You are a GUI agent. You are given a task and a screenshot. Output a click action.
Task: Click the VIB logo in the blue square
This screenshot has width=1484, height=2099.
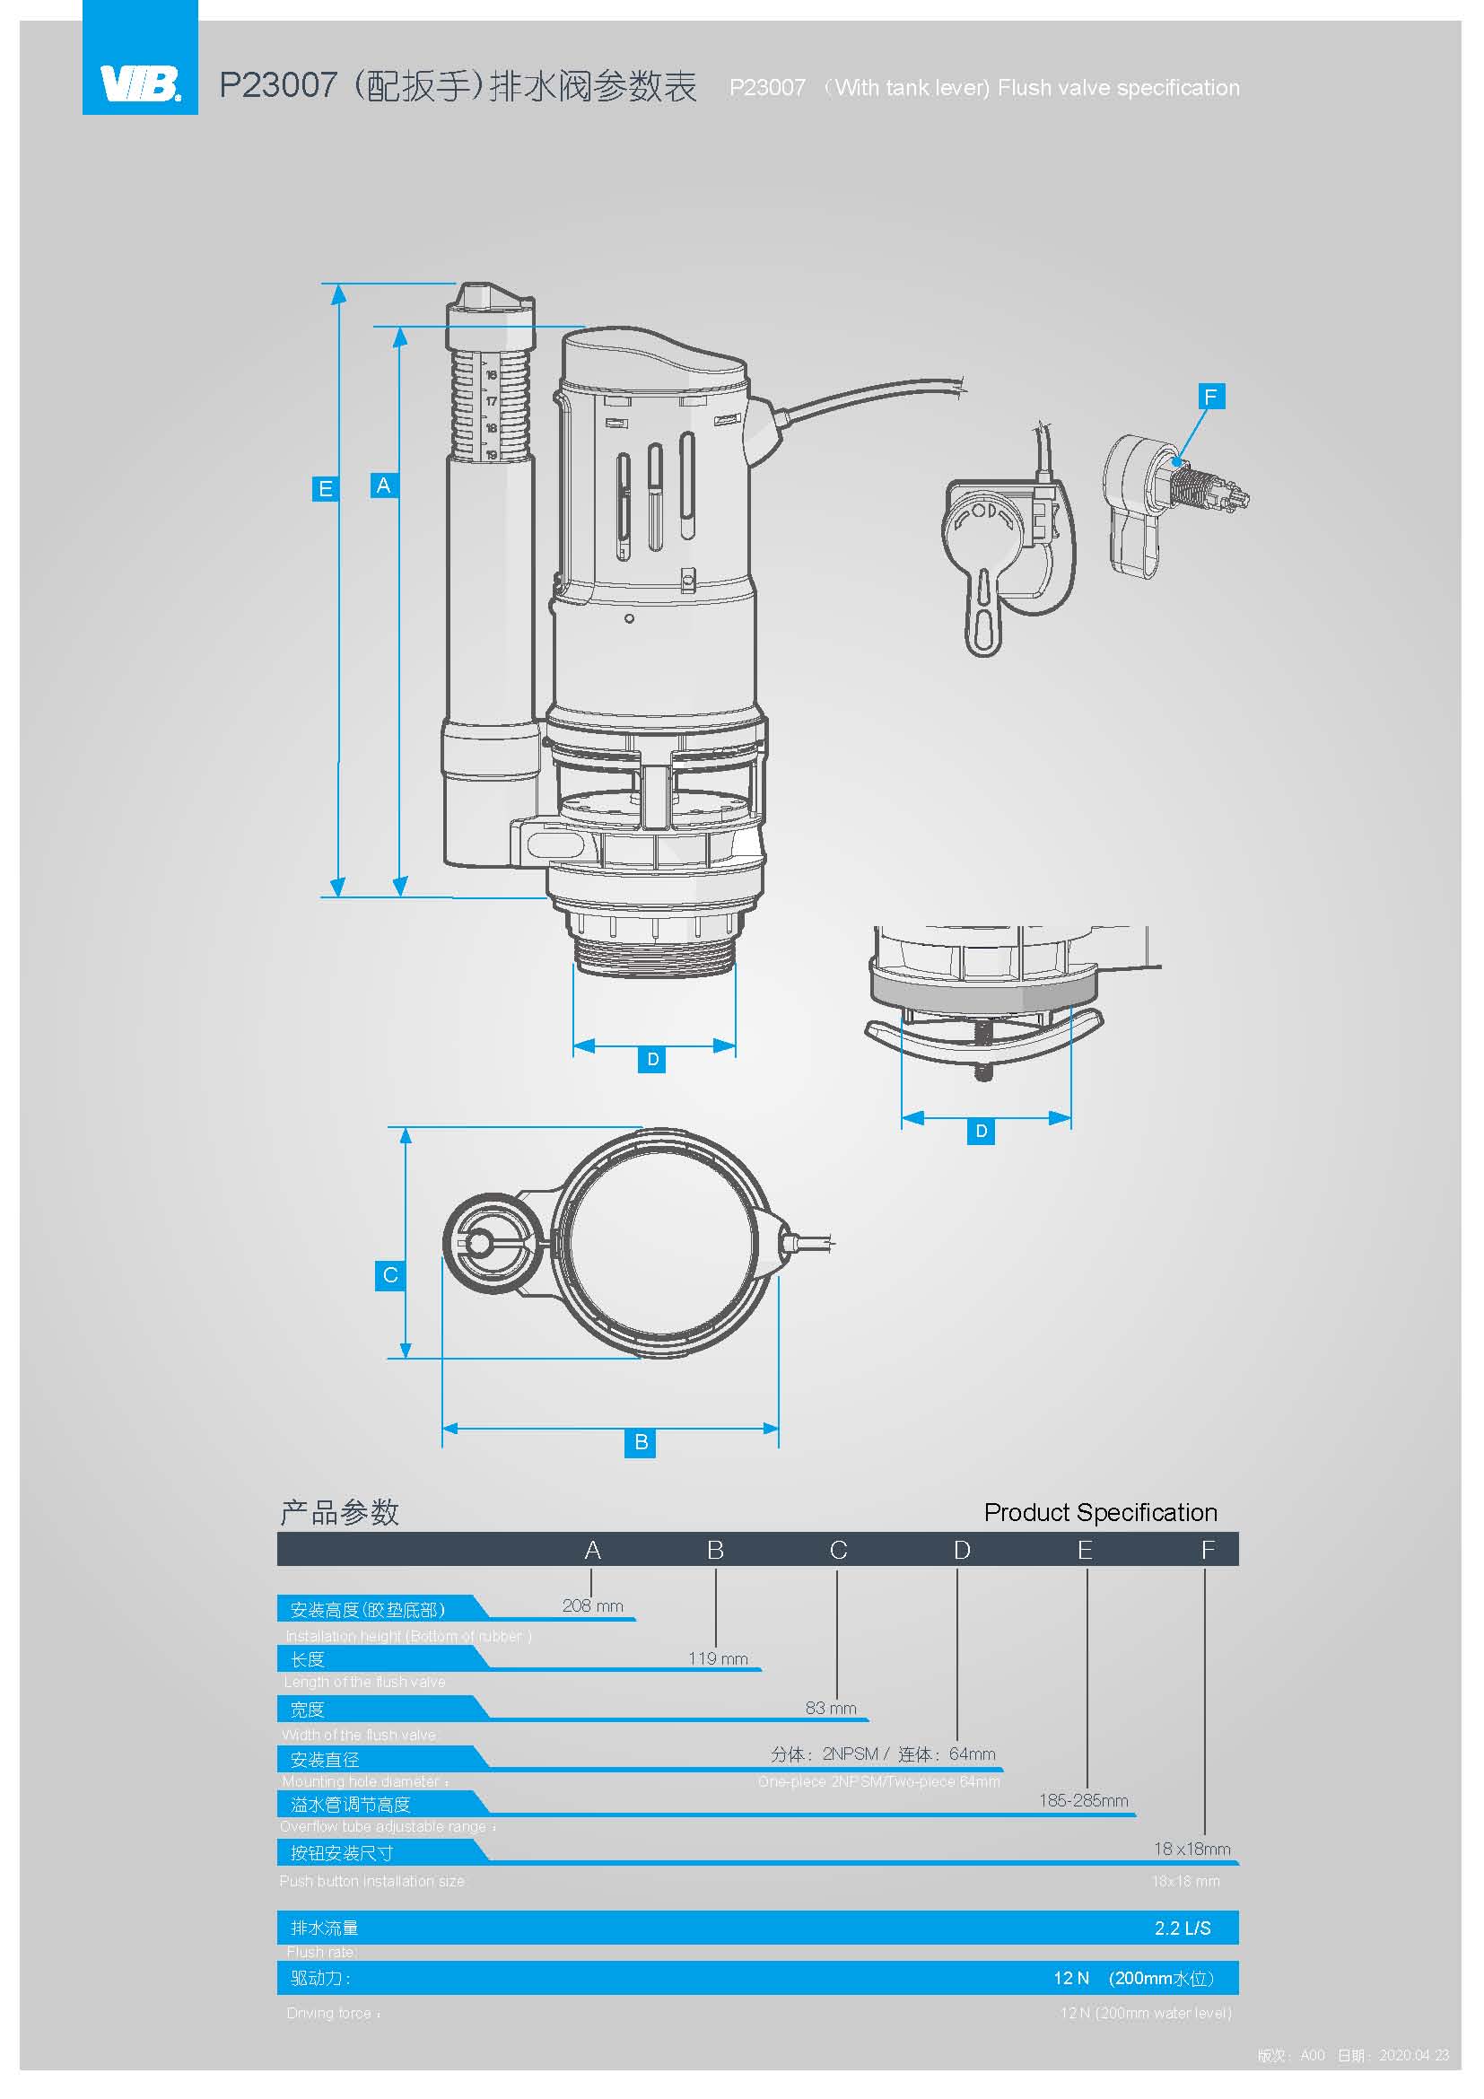click(x=140, y=85)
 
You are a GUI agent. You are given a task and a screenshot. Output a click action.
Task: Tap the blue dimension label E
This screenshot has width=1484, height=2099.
click(x=325, y=489)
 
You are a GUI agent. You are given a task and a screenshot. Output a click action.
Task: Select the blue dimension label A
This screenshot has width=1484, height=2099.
click(x=384, y=485)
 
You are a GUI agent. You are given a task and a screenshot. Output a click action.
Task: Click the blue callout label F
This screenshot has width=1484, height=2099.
click(x=1210, y=397)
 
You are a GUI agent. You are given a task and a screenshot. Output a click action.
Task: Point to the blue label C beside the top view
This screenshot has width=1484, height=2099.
click(x=390, y=1275)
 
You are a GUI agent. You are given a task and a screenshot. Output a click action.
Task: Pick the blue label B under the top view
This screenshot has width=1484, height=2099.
click(x=641, y=1443)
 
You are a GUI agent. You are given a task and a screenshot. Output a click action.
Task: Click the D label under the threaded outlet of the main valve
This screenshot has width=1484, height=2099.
click(x=652, y=1060)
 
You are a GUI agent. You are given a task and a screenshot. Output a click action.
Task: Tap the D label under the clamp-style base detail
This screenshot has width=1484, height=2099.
click(x=981, y=1132)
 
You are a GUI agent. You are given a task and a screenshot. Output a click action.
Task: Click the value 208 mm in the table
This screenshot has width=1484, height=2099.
click(x=592, y=1605)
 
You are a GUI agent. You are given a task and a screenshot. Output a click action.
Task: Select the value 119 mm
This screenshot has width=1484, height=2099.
click(x=718, y=1658)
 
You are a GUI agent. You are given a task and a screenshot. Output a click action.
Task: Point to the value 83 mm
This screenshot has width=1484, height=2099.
click(x=831, y=1708)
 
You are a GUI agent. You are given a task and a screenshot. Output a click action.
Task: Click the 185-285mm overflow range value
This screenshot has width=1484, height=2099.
click(x=1083, y=1800)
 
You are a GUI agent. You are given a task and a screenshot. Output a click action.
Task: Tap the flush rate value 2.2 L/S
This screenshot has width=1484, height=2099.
click(x=1182, y=1928)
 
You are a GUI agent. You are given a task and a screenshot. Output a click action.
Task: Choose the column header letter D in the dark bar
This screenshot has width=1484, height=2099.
click(x=961, y=1551)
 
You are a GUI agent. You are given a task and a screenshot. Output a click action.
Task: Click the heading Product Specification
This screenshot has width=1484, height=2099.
click(x=1100, y=1512)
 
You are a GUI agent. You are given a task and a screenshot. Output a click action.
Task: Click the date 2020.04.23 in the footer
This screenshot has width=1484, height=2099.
click(x=1414, y=2055)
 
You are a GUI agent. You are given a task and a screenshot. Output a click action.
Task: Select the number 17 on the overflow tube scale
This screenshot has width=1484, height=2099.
click(x=491, y=401)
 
